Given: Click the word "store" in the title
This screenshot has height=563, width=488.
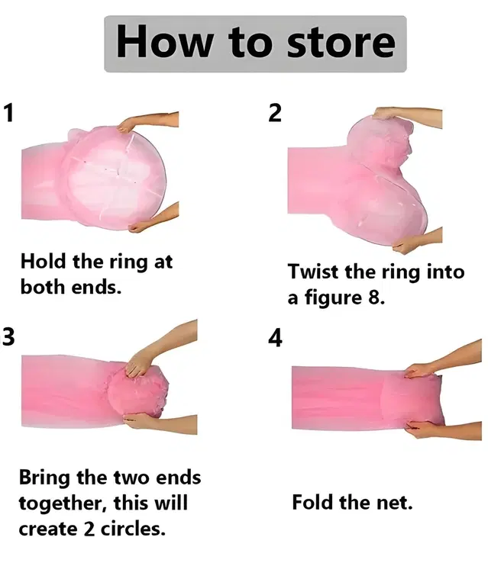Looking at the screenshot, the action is [x=341, y=43].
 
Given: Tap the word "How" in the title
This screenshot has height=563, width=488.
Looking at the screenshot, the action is [x=164, y=40].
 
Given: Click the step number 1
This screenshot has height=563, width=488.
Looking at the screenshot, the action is [x=8, y=113].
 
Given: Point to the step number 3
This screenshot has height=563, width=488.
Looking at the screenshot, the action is [x=8, y=336].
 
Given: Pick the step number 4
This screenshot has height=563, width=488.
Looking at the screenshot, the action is [x=275, y=338].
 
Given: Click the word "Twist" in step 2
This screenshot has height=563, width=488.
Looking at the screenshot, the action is [x=313, y=272].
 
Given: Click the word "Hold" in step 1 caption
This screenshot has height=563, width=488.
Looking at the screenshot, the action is [x=43, y=261].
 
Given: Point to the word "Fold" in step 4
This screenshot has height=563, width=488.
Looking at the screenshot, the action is [x=312, y=502].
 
